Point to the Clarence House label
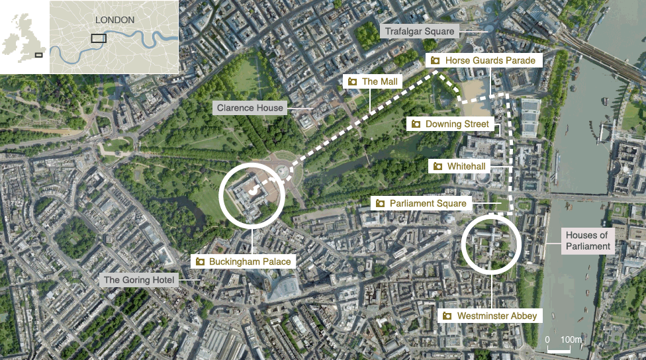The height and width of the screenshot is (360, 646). point(250,108)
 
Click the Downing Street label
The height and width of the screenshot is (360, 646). point(457,124)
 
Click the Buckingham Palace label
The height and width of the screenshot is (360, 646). point(250,261)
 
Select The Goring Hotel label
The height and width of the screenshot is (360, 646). point(138,280)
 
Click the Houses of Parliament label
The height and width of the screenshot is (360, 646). point(587,241)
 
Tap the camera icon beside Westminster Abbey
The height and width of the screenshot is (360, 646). point(447,316)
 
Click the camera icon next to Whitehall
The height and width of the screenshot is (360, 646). point(438,165)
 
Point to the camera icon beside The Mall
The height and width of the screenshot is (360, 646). point(353,81)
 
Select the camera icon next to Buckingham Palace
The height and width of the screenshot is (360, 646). point(199,261)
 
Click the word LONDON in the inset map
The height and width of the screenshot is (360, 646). point(115,20)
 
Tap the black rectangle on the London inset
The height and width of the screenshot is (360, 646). point(99,38)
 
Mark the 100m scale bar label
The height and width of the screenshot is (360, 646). point(571,339)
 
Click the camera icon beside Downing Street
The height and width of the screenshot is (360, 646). point(416,124)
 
